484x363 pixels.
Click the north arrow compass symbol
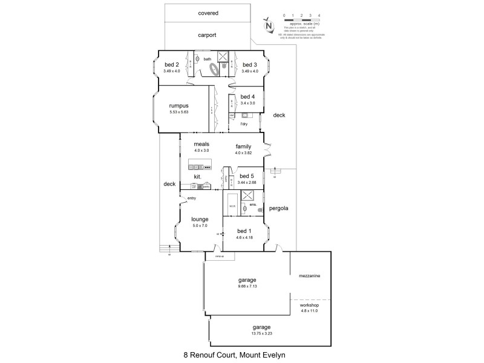point(269,25)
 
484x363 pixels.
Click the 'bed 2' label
point(172,64)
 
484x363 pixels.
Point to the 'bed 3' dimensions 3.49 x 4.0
point(249,71)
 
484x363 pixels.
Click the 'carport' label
point(208,35)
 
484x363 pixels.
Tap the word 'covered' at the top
point(208,13)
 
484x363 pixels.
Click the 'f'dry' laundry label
point(244,124)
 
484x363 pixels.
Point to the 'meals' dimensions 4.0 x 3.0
point(201,151)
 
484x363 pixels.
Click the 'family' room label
point(244,146)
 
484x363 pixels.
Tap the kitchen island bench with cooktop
point(200,166)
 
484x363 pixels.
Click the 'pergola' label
point(279,209)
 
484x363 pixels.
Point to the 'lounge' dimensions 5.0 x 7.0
point(200,226)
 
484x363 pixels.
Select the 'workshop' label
point(309,306)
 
